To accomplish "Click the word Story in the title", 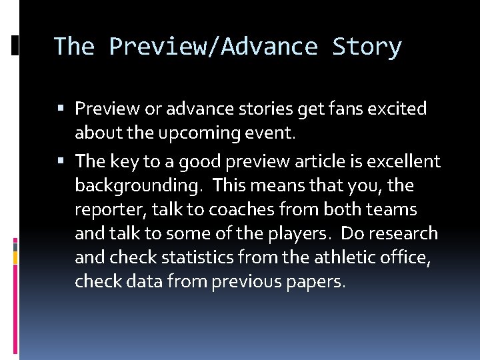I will [x=367, y=47].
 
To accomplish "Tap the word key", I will [x=127, y=161].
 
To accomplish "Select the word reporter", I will [x=110, y=209].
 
